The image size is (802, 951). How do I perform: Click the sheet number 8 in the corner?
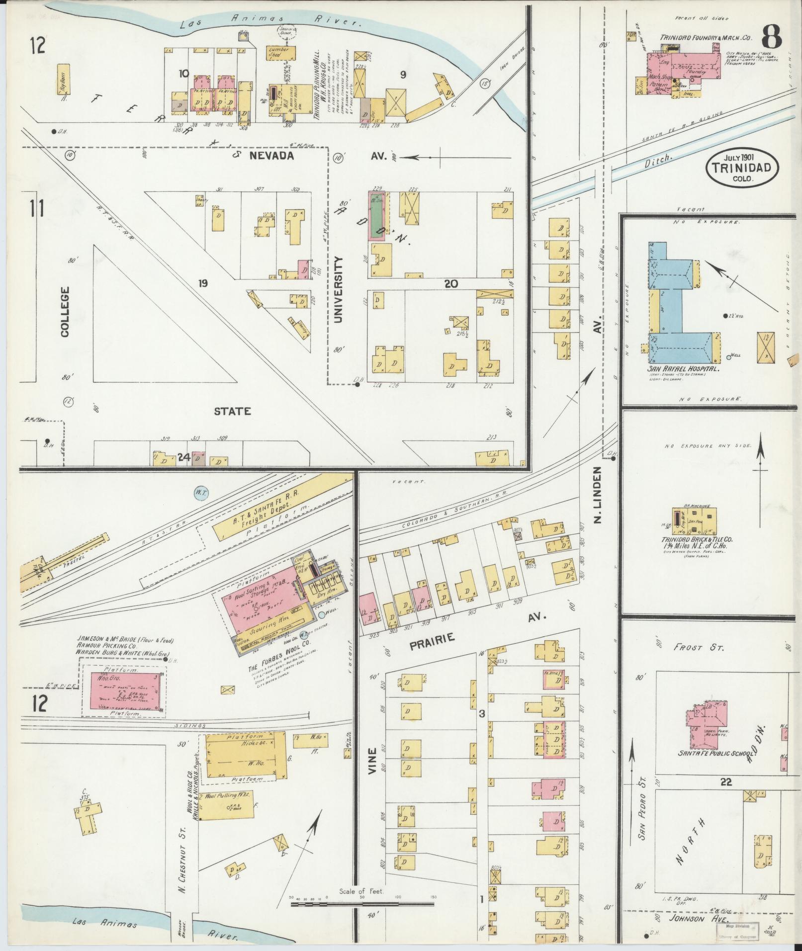tap(770, 35)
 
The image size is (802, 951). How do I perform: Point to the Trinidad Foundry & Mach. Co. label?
tap(706, 38)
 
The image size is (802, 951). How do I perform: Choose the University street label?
tap(339, 290)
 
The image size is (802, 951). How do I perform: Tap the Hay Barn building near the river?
tap(63, 79)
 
